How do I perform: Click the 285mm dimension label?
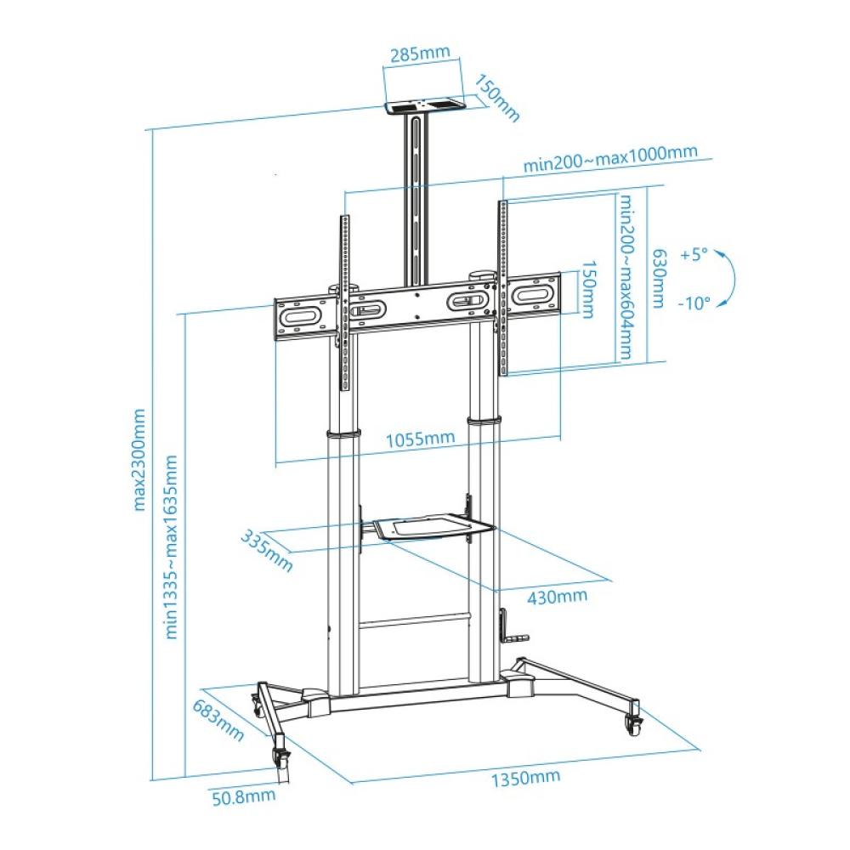click(421, 53)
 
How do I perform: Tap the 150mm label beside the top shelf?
click(497, 98)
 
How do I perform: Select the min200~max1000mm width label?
click(610, 157)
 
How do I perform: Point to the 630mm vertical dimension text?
click(659, 279)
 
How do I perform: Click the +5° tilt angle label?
click(694, 254)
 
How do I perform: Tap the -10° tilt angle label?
click(694, 303)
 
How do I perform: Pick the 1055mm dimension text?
click(420, 438)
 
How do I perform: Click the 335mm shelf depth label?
click(267, 551)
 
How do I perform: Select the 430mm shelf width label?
click(558, 597)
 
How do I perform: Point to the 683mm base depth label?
click(218, 720)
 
